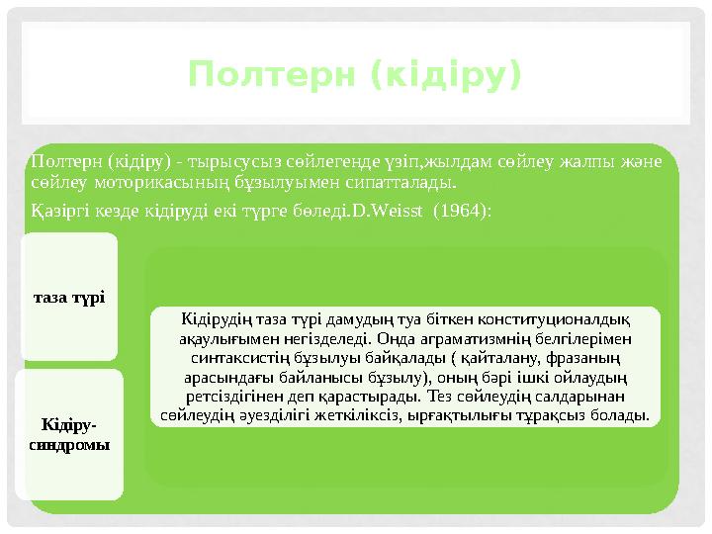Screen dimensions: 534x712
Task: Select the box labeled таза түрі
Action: pyautogui.click(x=68, y=297)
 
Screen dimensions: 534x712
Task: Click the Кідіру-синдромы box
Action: pyautogui.click(x=68, y=434)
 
